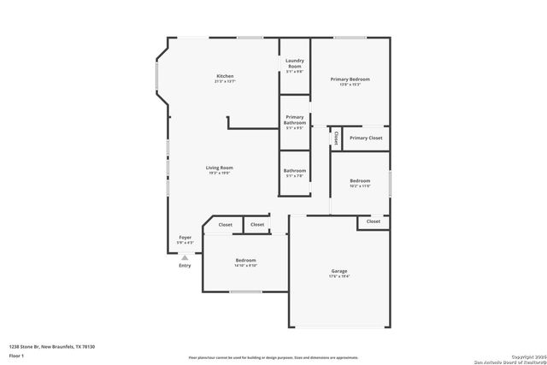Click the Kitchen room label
coord(225,76)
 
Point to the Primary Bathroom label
coord(294,120)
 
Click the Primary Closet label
coord(366,138)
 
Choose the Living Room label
coord(220,168)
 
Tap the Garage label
coord(339,271)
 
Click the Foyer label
coord(185,237)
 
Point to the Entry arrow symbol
coord(185,256)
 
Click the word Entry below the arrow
coord(185,266)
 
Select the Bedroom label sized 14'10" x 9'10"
coord(246,260)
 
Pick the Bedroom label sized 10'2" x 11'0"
coord(360,180)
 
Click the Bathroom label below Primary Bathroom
coord(295,170)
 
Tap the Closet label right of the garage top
coord(373,221)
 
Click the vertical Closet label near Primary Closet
coord(338,138)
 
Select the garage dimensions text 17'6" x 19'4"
coord(339,276)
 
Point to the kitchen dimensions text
coord(225,81)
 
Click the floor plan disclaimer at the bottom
coord(273,356)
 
